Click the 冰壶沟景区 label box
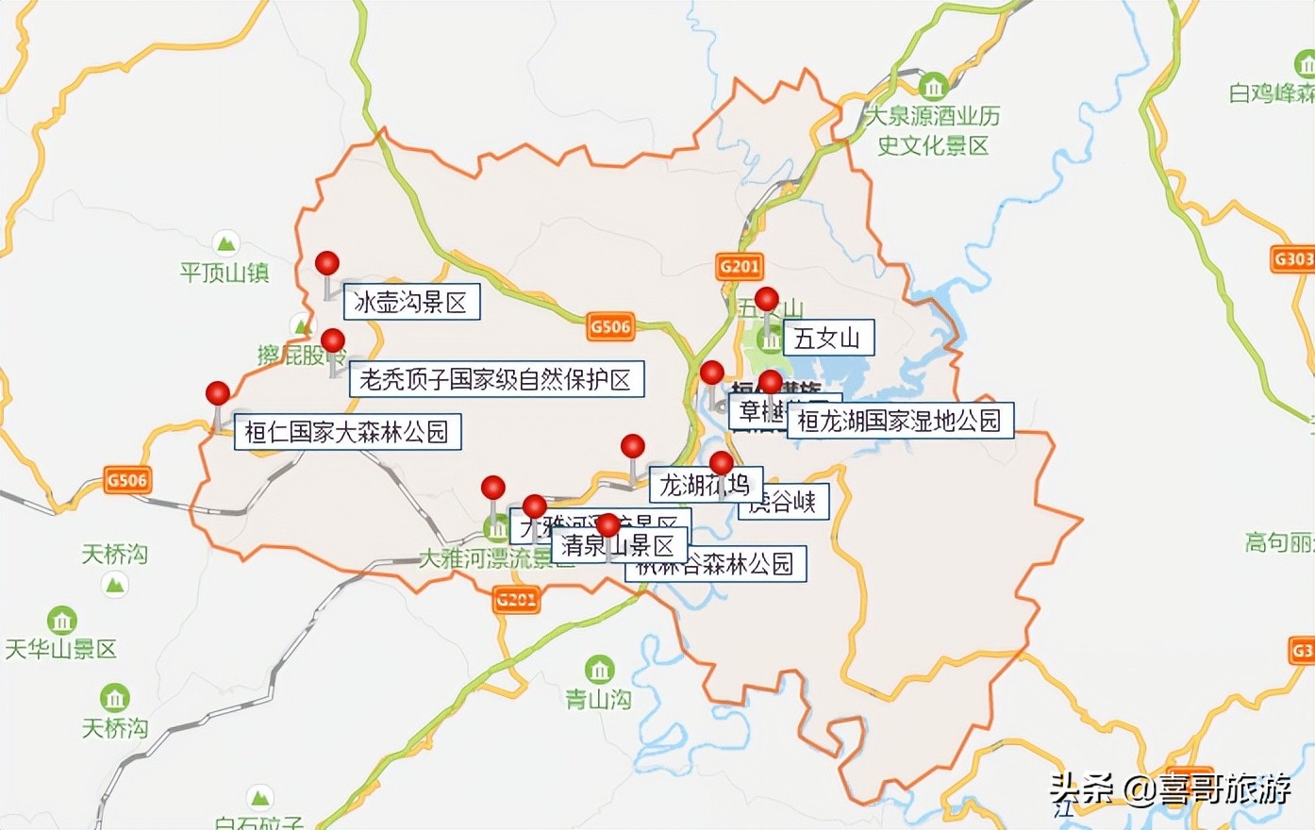coord(410,302)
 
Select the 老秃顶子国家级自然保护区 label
coord(496,379)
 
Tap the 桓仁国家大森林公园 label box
coord(347,432)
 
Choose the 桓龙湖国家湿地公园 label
coord(900,420)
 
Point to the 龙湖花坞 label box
coord(703,485)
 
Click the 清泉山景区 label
coord(618,546)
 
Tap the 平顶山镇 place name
coord(225,274)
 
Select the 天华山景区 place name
coord(61,649)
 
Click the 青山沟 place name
coord(598,699)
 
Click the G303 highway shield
coord(1292,258)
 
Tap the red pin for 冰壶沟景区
coord(327,263)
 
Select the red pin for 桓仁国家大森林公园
coord(218,393)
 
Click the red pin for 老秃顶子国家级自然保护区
coord(333,340)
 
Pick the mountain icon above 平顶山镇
coord(225,243)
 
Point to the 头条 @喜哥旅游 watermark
coord(1171,789)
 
